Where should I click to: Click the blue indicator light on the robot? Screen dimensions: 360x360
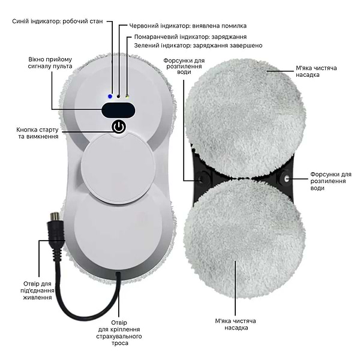pyautogui.click(x=110, y=96)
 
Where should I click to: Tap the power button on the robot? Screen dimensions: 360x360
pyautogui.click(x=119, y=127)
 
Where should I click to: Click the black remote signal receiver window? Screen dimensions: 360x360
pyautogui.click(x=118, y=110)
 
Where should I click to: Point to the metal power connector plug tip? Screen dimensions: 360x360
pyautogui.click(x=54, y=216)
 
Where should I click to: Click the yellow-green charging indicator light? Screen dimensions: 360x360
pyautogui.click(x=127, y=96)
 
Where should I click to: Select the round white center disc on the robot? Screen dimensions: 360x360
pyautogui.click(x=117, y=168)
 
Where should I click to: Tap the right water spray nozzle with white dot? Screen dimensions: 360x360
pyautogui.click(x=286, y=178)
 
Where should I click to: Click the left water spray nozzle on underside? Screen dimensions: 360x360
pyautogui.click(x=202, y=178)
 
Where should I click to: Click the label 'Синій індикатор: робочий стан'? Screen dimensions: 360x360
pyautogui.click(x=58, y=22)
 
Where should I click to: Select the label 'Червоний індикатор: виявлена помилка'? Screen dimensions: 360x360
pyautogui.click(x=188, y=26)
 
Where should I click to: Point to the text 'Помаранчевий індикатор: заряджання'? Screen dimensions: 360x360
pyautogui.click(x=190, y=37)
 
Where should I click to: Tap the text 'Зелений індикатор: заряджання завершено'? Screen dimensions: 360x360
pyautogui.click(x=198, y=45)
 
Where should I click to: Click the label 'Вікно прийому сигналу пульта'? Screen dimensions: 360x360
pyautogui.click(x=50, y=62)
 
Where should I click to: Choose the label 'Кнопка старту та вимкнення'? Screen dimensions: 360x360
pyautogui.click(x=37, y=133)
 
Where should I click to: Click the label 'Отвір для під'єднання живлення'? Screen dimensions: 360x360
pyautogui.click(x=37, y=290)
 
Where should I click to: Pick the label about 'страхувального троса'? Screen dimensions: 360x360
pyautogui.click(x=119, y=333)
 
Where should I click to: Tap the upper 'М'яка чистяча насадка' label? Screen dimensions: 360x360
pyautogui.click(x=316, y=71)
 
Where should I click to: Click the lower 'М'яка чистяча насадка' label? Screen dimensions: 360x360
pyautogui.click(x=236, y=324)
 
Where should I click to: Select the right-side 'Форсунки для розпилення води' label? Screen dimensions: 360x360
pyautogui.click(x=331, y=181)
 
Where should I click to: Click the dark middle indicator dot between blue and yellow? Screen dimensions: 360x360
pyautogui.click(x=118, y=97)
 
